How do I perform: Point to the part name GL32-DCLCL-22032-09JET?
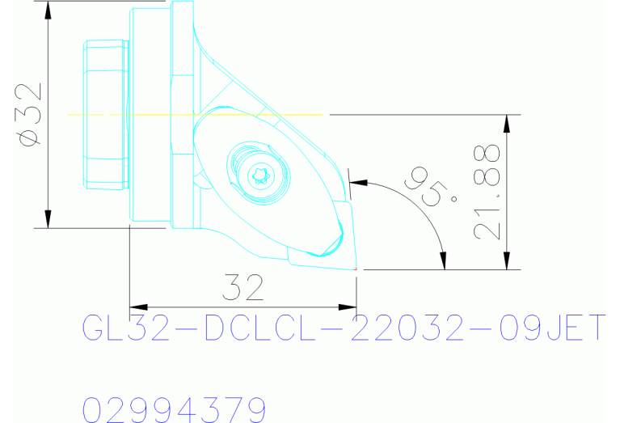pyautogui.click(x=344, y=328)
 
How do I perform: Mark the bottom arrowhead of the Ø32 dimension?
pyautogui.click(x=49, y=220)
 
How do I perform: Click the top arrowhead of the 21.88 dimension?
pyautogui.click(x=507, y=123)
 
